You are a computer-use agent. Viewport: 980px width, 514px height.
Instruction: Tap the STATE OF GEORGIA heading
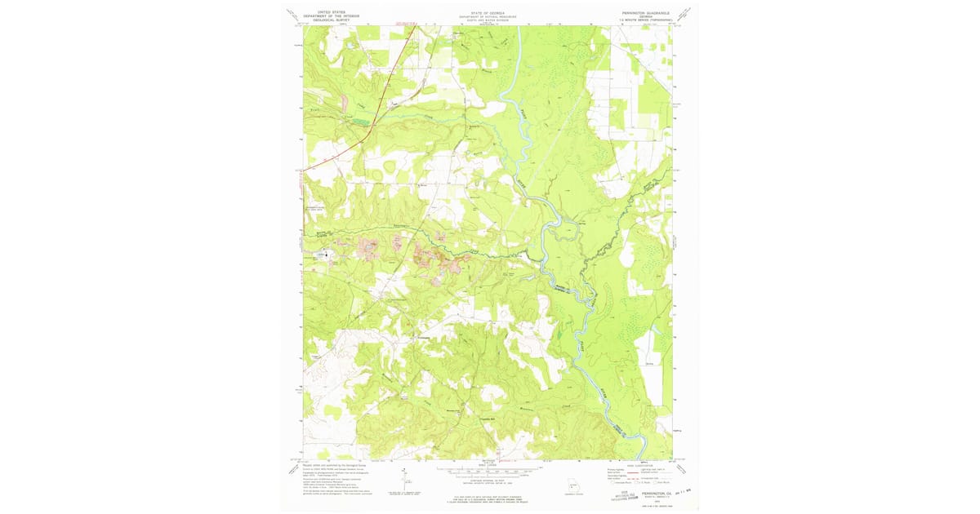coord(488,11)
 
